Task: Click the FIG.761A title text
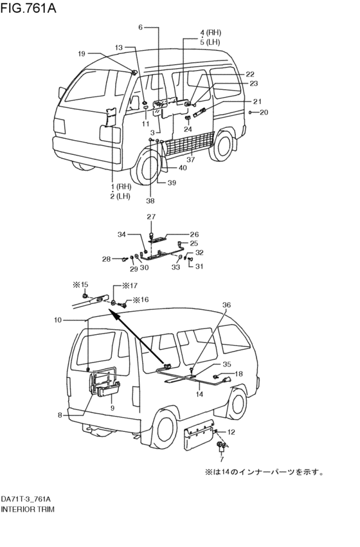[x=28, y=8]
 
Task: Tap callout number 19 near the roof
[x=81, y=54]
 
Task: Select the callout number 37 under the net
[x=190, y=160]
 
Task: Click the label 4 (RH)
[x=211, y=33]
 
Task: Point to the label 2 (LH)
[x=120, y=196]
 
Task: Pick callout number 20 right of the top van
[x=264, y=112]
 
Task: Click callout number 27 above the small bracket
[x=151, y=217]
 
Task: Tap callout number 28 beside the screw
[x=107, y=259]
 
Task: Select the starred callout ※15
[x=80, y=285]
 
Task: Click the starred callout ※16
[x=140, y=300]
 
